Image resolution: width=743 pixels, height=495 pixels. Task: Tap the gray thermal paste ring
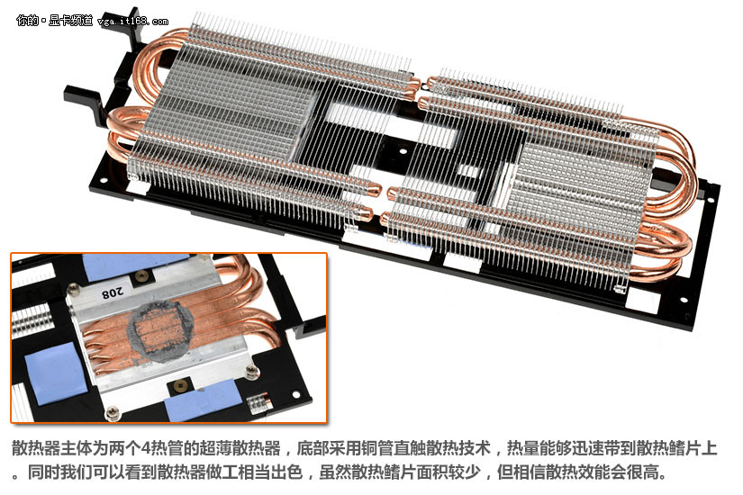click(x=161, y=331)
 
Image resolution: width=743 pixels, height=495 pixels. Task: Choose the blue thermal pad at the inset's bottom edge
click(x=204, y=403)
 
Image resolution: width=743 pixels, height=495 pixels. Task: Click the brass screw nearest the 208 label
click(x=140, y=277)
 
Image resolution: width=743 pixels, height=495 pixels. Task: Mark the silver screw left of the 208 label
click(x=74, y=289)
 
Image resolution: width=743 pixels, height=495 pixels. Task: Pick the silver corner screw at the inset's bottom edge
click(x=113, y=413)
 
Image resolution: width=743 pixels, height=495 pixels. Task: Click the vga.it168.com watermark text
click(x=132, y=22)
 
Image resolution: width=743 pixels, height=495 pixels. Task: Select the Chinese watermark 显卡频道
click(x=70, y=21)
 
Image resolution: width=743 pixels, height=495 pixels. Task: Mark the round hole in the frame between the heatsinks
click(x=403, y=151)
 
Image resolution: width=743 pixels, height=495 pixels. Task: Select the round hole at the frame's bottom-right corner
click(x=684, y=300)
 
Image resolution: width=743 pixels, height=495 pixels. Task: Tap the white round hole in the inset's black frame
click(x=295, y=394)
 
